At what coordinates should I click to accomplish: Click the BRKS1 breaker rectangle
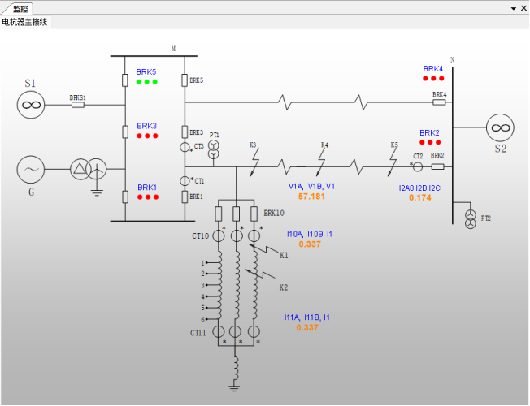[78, 105]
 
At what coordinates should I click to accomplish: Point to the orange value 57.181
[311, 197]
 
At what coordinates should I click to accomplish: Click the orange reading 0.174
[419, 197]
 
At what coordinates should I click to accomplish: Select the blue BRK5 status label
[146, 72]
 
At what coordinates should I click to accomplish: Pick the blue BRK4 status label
[433, 68]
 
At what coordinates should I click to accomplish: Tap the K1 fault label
[284, 255]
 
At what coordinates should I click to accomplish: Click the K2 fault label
[284, 287]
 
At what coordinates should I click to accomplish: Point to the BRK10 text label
[274, 213]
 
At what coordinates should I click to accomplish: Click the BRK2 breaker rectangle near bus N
[437, 166]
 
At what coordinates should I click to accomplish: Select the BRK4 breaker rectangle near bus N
[439, 102]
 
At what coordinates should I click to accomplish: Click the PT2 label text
[486, 218]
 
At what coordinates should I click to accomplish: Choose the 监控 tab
[20, 8]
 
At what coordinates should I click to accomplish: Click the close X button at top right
[523, 8]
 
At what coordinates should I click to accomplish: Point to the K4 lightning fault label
[324, 145]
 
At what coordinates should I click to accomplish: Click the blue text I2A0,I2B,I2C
[419, 188]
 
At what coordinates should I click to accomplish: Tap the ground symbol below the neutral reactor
[234, 387]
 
